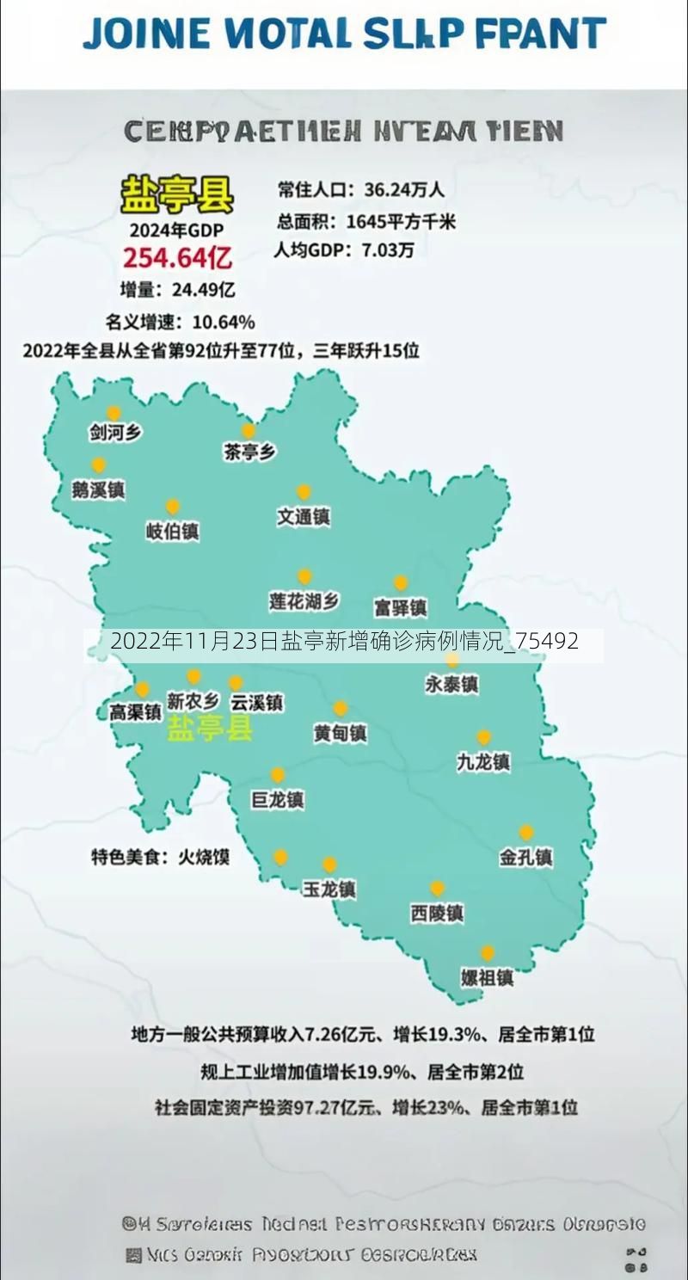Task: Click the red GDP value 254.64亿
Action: point(177,256)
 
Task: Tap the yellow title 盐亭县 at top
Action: point(176,195)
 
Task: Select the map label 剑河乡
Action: point(115,433)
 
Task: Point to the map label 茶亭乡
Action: point(249,452)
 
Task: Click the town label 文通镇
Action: point(304,517)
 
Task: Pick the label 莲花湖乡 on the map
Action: point(304,601)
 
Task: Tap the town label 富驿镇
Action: point(400,607)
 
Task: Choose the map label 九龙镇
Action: point(483,761)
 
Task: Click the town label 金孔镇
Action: point(525,857)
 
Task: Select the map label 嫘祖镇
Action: point(487,978)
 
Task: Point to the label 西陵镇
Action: point(437,913)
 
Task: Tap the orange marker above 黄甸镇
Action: point(341,708)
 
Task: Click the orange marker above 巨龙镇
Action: point(277,775)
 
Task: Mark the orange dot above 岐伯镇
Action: point(173,507)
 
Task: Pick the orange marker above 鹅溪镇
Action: point(99,465)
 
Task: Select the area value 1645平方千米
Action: point(401,221)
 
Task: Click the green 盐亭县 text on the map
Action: point(210,728)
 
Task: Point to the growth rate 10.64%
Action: point(224,323)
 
